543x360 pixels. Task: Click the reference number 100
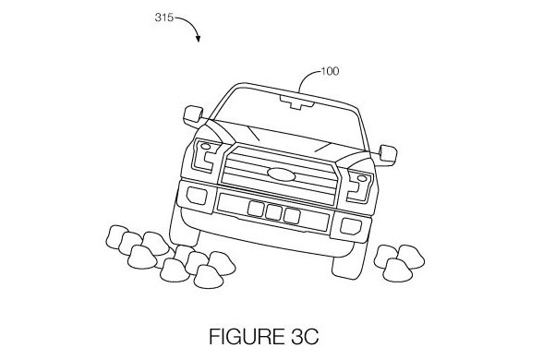[x=329, y=70]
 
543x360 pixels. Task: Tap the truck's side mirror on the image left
[x=193, y=116]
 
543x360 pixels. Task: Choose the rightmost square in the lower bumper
[x=293, y=215]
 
